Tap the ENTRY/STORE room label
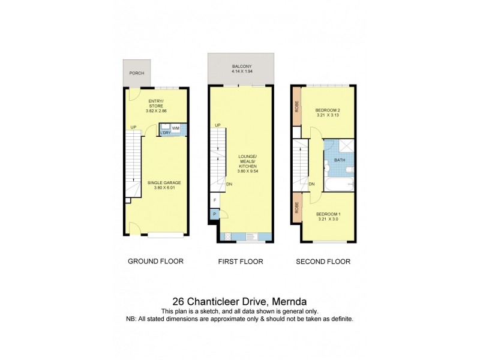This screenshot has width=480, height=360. (156, 103)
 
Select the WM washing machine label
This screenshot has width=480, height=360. (176, 128)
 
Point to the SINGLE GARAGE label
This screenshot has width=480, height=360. (164, 182)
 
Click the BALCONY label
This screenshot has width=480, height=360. (238, 67)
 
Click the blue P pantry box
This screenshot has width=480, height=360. (214, 214)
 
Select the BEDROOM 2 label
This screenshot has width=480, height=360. (328, 110)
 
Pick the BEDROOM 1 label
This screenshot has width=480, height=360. (328, 214)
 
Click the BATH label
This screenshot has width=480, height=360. (339, 160)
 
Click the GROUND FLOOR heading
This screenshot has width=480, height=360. (155, 262)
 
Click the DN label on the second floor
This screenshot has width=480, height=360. (312, 184)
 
